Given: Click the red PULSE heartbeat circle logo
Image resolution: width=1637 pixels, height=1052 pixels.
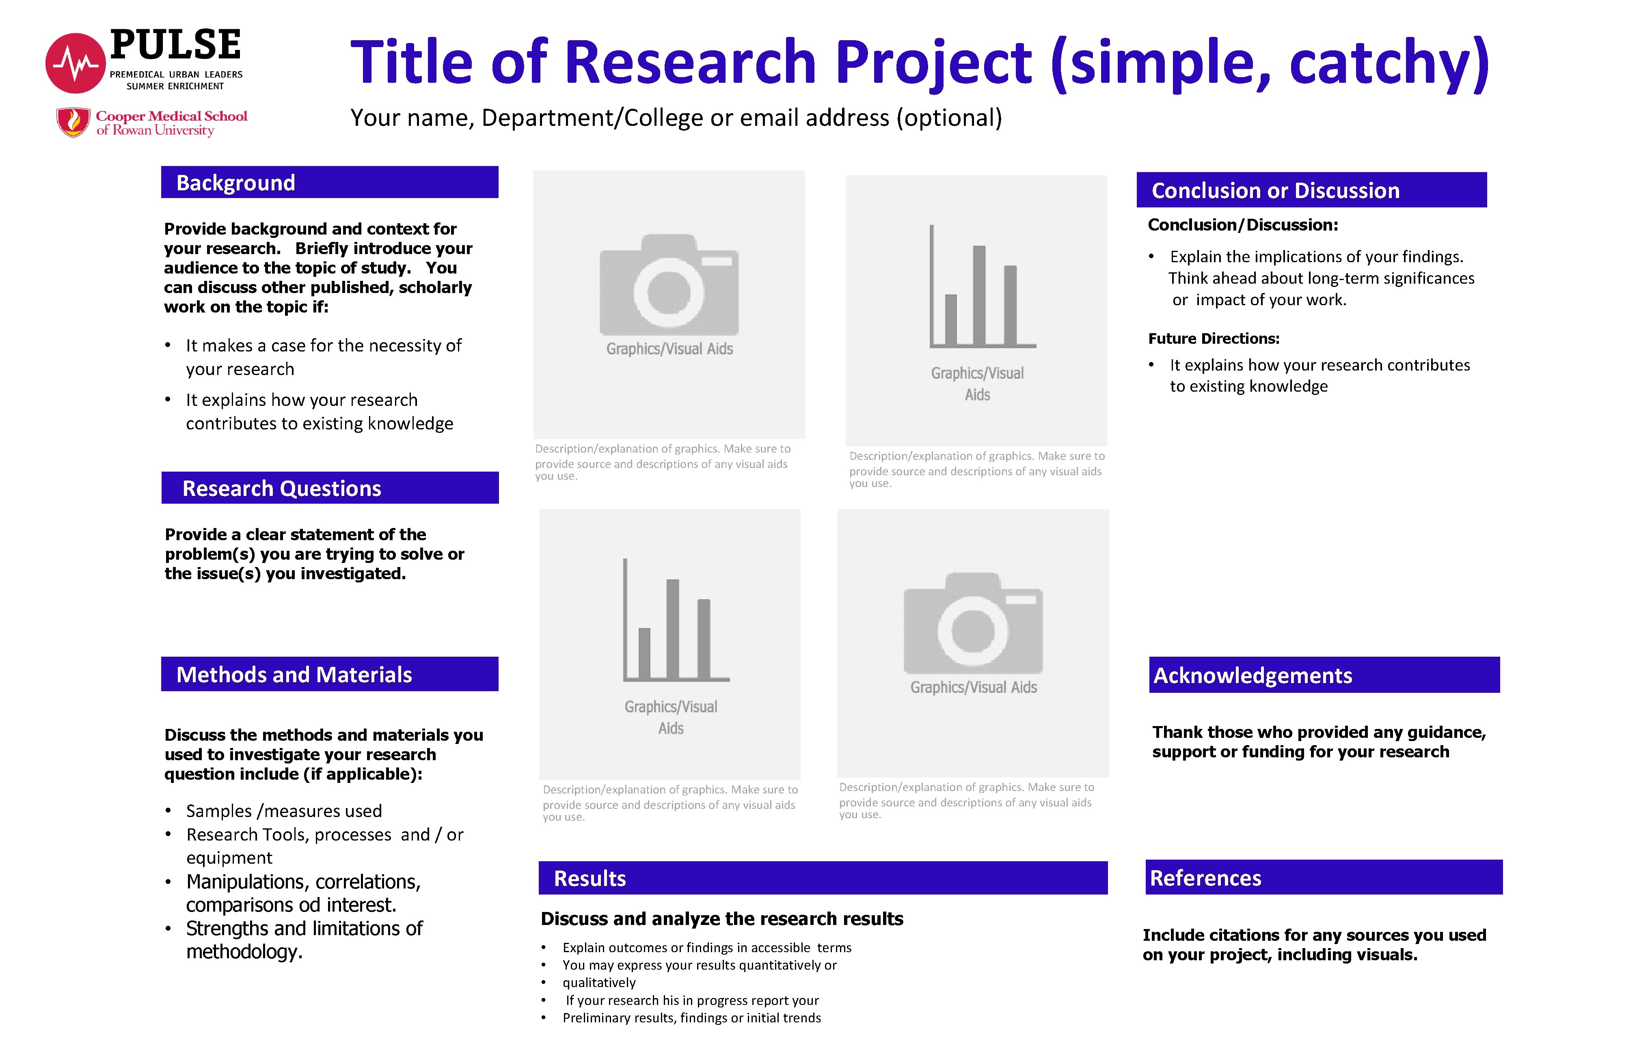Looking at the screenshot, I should [75, 63].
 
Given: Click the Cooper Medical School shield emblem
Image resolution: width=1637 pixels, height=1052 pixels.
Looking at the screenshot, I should [73, 122].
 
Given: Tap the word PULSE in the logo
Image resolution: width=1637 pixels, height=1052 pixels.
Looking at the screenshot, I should [175, 45].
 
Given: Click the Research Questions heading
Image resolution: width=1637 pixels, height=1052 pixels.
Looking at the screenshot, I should [281, 488].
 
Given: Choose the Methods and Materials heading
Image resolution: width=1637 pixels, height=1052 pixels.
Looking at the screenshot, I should [294, 675].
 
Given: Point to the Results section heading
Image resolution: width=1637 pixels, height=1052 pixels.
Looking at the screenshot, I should [590, 878].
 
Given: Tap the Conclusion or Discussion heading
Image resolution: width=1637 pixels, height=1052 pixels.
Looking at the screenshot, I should [1275, 191].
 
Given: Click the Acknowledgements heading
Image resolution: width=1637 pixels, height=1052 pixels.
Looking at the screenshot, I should [1253, 676].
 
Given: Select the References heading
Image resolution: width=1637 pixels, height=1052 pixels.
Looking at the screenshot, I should [1205, 878].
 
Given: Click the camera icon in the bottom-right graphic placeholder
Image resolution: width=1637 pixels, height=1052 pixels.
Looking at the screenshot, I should [973, 623].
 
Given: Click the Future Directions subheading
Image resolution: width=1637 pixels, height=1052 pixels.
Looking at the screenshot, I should [1214, 339].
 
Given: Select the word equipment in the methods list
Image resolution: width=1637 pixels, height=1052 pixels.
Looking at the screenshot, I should [229, 858].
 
